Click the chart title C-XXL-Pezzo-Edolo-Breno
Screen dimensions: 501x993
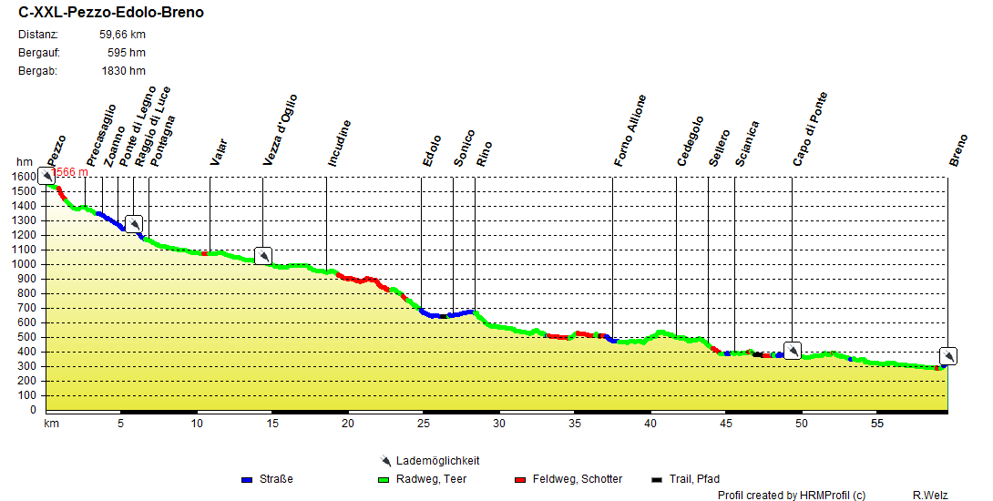(x=111, y=13)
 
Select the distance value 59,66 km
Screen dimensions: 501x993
(x=122, y=35)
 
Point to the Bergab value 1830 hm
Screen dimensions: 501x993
(x=123, y=70)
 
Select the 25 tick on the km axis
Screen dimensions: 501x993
(x=423, y=424)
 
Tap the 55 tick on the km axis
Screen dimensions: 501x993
(x=876, y=424)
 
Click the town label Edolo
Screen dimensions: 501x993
(x=432, y=150)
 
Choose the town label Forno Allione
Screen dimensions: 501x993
(x=630, y=129)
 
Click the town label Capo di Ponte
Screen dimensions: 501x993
(x=809, y=128)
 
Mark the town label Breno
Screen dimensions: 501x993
(x=957, y=151)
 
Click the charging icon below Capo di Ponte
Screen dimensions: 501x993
(x=793, y=351)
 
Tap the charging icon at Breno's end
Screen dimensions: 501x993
(x=948, y=356)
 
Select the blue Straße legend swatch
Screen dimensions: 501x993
(x=247, y=479)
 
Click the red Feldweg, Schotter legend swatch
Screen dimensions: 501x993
(x=521, y=479)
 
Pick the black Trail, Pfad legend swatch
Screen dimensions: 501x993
(x=657, y=479)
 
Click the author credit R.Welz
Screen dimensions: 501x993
(x=930, y=496)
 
